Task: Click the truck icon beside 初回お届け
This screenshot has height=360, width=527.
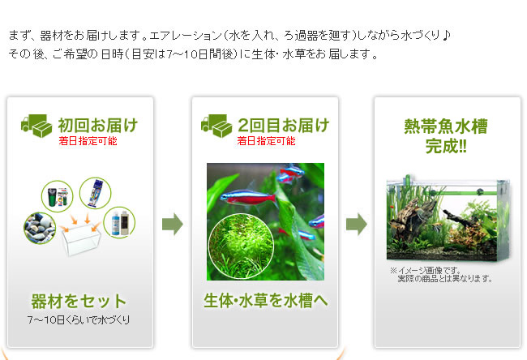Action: [x=36, y=126]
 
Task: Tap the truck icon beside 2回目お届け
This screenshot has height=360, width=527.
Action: [x=216, y=126]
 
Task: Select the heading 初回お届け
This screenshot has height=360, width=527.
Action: [x=98, y=125]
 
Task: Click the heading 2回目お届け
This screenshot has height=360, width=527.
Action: [x=283, y=125]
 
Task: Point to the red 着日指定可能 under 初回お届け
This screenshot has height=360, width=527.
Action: [x=88, y=141]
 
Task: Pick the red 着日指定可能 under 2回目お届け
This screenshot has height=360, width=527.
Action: [x=266, y=141]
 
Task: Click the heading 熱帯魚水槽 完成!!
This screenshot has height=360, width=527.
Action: [x=446, y=136]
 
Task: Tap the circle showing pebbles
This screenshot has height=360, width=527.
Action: [x=40, y=228]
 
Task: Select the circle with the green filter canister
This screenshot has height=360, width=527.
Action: [x=57, y=196]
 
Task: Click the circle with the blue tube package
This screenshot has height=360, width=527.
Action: [x=95, y=193]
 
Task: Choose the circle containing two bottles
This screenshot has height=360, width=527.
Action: [x=119, y=222]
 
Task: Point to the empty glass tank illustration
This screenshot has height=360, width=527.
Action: [x=81, y=239]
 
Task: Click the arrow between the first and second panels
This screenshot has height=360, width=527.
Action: [x=173, y=224]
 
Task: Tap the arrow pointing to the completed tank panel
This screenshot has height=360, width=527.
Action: [x=357, y=224]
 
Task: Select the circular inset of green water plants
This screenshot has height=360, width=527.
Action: [x=241, y=246]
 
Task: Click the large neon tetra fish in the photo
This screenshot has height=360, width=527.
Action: [x=248, y=197]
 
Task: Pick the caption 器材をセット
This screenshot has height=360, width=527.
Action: [x=79, y=301]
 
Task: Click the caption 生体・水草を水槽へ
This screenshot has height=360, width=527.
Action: [x=265, y=301]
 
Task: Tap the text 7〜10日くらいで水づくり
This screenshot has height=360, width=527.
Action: [x=79, y=319]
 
